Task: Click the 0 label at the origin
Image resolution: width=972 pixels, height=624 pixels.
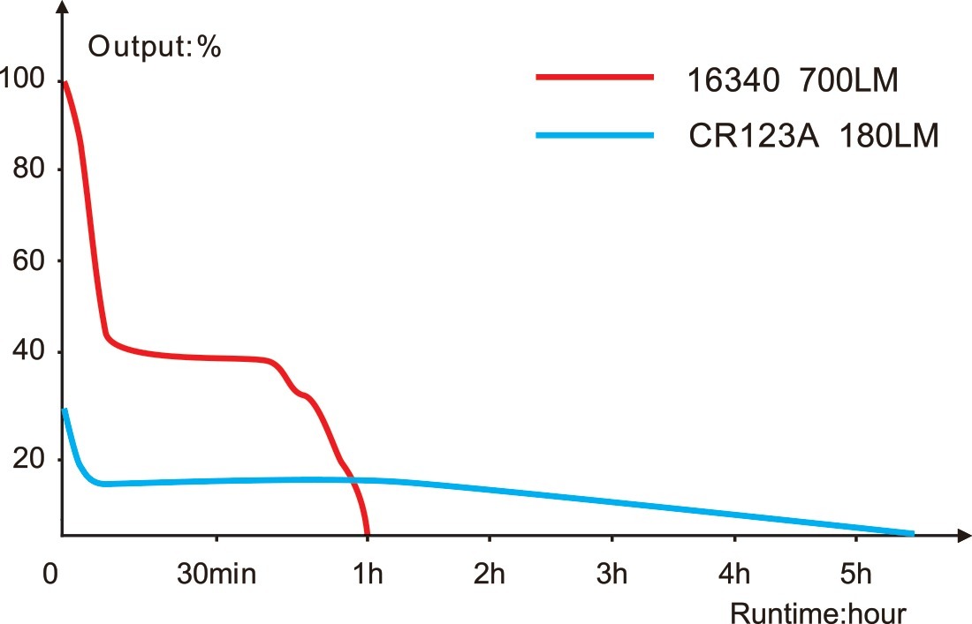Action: click(x=49, y=575)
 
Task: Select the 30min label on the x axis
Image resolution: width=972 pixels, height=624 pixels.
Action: click(x=216, y=575)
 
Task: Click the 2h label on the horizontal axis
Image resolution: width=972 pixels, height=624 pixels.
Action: click(x=489, y=575)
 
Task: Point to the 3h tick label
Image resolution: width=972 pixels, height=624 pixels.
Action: click(x=611, y=575)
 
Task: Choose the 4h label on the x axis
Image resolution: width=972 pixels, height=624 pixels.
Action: click(x=733, y=575)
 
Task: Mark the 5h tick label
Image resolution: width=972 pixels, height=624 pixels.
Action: click(x=854, y=575)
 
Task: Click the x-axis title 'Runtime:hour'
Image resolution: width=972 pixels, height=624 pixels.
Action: click(x=818, y=612)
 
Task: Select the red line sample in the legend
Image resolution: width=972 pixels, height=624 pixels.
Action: click(x=594, y=78)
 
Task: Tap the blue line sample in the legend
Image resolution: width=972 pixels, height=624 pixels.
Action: click(x=594, y=135)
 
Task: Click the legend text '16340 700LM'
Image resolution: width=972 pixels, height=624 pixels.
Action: click(x=793, y=81)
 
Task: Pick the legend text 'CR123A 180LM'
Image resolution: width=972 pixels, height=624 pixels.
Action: click(x=813, y=138)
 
